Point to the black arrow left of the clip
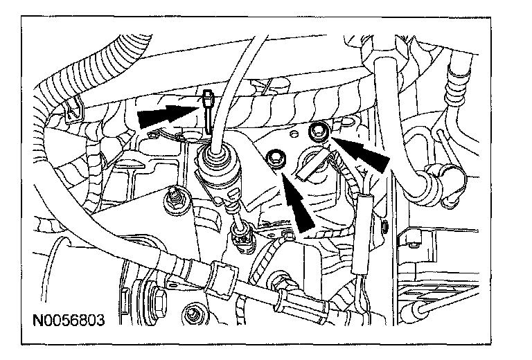163,116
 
